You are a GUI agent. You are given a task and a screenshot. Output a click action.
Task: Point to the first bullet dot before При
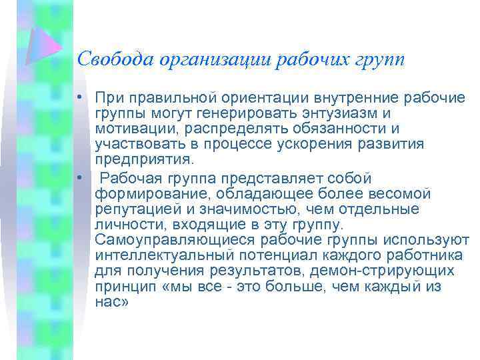tap(79, 99)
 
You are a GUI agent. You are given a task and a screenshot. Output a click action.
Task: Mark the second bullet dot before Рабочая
tap(79, 179)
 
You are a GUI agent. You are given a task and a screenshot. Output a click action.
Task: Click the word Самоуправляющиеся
tap(175, 240)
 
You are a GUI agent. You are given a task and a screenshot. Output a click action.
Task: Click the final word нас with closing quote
tap(112, 301)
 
